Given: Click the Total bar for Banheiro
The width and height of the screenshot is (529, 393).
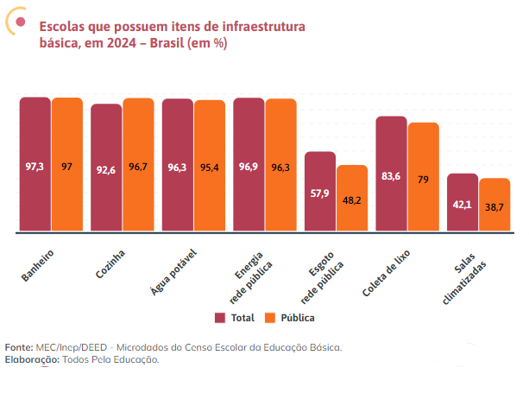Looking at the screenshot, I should (35, 164).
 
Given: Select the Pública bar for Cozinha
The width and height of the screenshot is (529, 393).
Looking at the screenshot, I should (138, 164).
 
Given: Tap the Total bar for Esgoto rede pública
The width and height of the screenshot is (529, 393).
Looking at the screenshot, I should (320, 192).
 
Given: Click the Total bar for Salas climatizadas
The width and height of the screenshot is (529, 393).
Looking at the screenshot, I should (463, 203).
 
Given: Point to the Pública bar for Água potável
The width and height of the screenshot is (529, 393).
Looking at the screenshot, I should (210, 166).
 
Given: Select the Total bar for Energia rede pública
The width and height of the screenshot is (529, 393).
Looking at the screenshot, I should (249, 164).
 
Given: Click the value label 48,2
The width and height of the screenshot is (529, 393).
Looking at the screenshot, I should (352, 200).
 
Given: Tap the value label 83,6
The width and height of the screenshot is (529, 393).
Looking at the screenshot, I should (391, 176).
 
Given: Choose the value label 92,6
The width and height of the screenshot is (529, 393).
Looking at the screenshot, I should (106, 170).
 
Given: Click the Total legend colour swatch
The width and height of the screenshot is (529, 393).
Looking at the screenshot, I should (220, 317).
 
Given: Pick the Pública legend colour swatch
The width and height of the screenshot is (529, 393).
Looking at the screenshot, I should (269, 317).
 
